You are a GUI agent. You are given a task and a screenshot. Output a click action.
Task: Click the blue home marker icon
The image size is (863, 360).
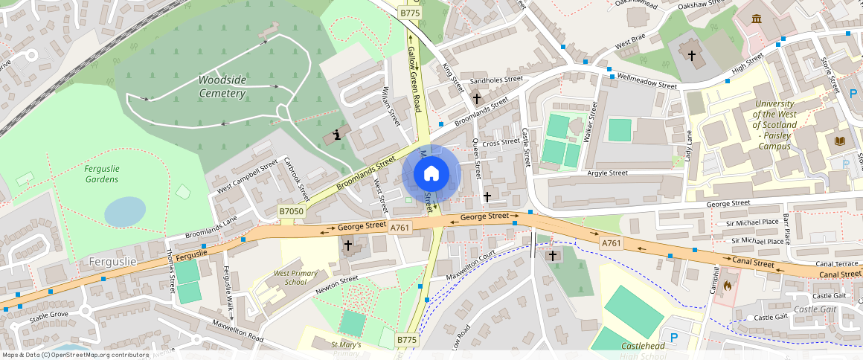[431, 174]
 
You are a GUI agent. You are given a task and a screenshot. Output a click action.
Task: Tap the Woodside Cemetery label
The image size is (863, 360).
[222, 86]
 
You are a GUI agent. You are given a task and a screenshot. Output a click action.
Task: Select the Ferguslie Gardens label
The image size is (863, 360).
[102, 174]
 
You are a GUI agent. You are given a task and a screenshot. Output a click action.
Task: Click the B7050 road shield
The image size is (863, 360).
[292, 212]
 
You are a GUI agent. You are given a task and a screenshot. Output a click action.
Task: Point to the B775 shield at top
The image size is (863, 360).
[409, 13]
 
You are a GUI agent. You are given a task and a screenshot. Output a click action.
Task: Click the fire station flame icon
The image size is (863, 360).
[727, 283]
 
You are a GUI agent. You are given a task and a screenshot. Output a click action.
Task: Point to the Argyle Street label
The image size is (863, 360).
[608, 173]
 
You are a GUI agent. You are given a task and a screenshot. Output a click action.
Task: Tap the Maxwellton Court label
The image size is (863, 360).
[470, 266]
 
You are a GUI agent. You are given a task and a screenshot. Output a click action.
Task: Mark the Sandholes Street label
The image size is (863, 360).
[492, 79]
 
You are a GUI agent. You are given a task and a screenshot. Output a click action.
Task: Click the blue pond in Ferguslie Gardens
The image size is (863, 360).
[125, 211]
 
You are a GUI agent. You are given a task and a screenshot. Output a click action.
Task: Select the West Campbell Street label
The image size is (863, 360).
[247, 176]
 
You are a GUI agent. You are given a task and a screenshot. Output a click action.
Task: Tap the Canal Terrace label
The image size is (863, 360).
[837, 263]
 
